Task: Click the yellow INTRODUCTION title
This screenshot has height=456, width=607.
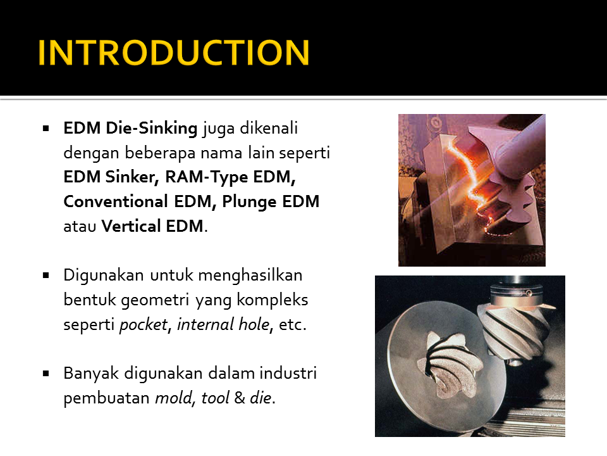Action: [174, 53]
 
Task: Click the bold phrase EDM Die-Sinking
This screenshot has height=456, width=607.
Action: [131, 129]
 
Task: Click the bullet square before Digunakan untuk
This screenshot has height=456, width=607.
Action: [46, 276]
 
